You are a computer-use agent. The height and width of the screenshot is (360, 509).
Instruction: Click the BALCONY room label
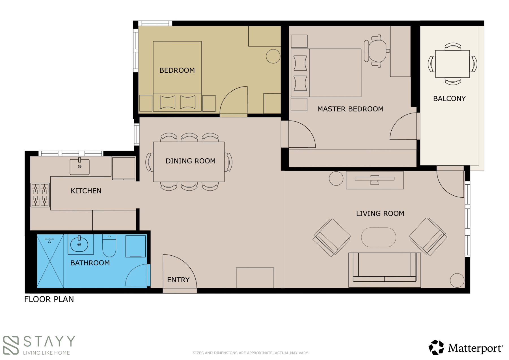pos(449,99)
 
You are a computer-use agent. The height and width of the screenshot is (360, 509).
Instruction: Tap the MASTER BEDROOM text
pos(350,109)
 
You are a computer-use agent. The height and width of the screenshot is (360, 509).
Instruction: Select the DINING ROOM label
pos(191,161)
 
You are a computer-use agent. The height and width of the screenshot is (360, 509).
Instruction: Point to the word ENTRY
pos(178,280)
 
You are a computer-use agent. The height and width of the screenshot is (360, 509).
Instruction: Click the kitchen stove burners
pos(40,195)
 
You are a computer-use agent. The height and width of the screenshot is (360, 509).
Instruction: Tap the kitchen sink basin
pos(80,167)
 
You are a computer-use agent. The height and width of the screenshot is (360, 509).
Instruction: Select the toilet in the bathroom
pos(109,245)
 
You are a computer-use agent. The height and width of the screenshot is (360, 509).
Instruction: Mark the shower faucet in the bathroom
pos(49,240)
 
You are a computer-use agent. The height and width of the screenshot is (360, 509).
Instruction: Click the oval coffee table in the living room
pos(379,237)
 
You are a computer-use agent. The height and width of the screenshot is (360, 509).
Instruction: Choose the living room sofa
pos(385,270)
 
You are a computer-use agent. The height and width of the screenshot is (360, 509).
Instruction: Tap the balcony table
pos(452,64)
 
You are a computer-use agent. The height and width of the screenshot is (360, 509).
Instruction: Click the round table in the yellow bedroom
pos(273,56)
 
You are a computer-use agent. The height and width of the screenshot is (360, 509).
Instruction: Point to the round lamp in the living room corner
pos(457,280)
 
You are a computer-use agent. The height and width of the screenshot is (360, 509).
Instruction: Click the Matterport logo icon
pos(436,347)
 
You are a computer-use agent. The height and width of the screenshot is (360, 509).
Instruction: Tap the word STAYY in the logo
pos(49,341)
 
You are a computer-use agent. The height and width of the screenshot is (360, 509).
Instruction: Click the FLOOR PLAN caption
pos(49,299)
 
